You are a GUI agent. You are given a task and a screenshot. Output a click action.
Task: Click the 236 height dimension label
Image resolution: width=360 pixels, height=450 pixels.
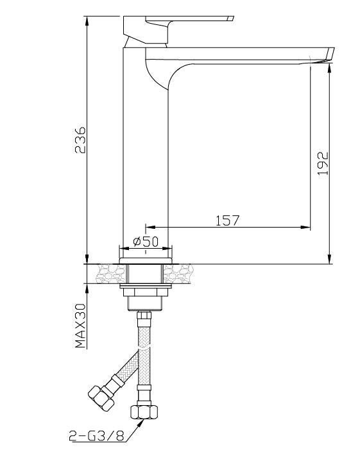[x=80, y=140]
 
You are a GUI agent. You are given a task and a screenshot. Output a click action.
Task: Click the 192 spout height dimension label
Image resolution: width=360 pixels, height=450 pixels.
[x=323, y=163]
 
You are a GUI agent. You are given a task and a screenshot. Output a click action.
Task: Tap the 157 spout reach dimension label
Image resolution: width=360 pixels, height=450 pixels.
[x=227, y=221]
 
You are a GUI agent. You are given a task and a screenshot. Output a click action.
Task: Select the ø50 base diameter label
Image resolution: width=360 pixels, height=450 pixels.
[x=146, y=242]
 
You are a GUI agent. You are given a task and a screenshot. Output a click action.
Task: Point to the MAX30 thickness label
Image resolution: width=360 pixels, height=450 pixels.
[x=80, y=326]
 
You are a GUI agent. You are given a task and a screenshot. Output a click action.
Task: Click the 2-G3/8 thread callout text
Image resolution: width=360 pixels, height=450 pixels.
[x=96, y=437]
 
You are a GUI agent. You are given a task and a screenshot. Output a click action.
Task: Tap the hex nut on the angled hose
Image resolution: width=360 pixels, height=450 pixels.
[x=101, y=397]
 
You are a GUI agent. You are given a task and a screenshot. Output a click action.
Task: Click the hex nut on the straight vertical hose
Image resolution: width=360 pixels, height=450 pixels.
[x=144, y=412]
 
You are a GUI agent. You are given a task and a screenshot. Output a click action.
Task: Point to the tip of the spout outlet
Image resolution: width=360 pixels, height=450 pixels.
[x=333, y=49]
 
